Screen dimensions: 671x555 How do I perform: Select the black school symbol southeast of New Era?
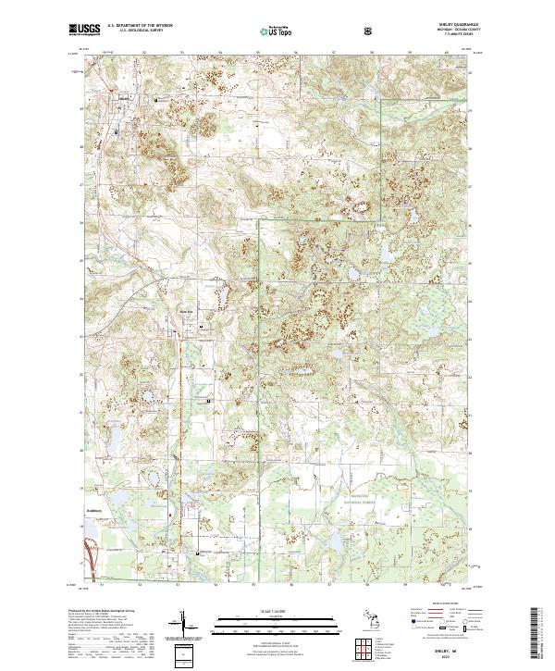tap(210, 400)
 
